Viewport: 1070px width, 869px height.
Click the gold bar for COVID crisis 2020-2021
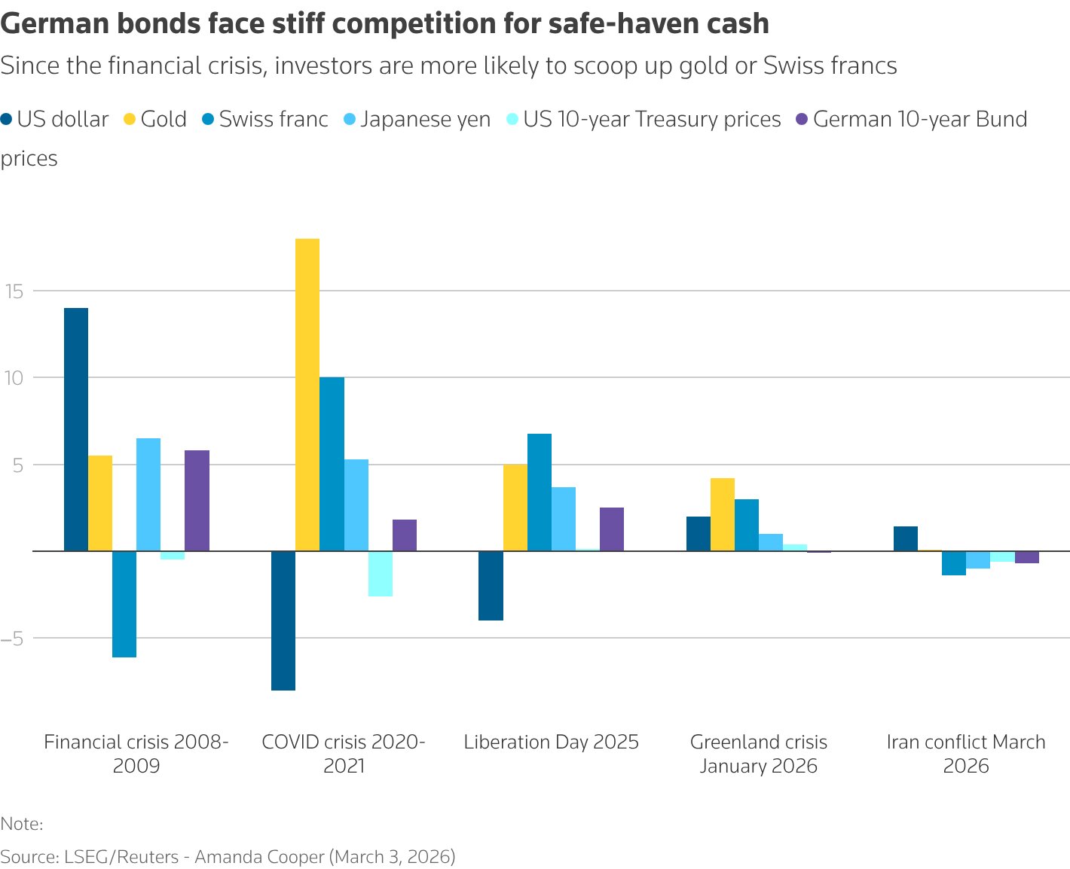[307, 395]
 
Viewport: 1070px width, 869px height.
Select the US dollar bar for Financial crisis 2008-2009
[76, 429]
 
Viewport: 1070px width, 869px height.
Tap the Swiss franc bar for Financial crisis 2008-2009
[124, 604]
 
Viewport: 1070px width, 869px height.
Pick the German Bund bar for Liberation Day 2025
[612, 529]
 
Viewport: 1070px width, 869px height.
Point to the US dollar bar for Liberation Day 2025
[491, 586]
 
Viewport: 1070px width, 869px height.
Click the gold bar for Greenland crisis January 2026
[723, 514]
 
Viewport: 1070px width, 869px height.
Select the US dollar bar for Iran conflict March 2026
[906, 538]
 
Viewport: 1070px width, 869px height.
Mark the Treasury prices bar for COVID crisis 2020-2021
[381, 574]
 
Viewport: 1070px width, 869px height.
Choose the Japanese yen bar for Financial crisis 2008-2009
[148, 494]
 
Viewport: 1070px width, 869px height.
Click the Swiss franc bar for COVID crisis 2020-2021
[332, 464]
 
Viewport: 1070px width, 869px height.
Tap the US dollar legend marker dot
[7, 120]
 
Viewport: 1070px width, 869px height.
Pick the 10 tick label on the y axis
[16, 378]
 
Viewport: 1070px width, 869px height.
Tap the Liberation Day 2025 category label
[551, 742]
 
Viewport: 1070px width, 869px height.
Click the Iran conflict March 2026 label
[966, 754]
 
